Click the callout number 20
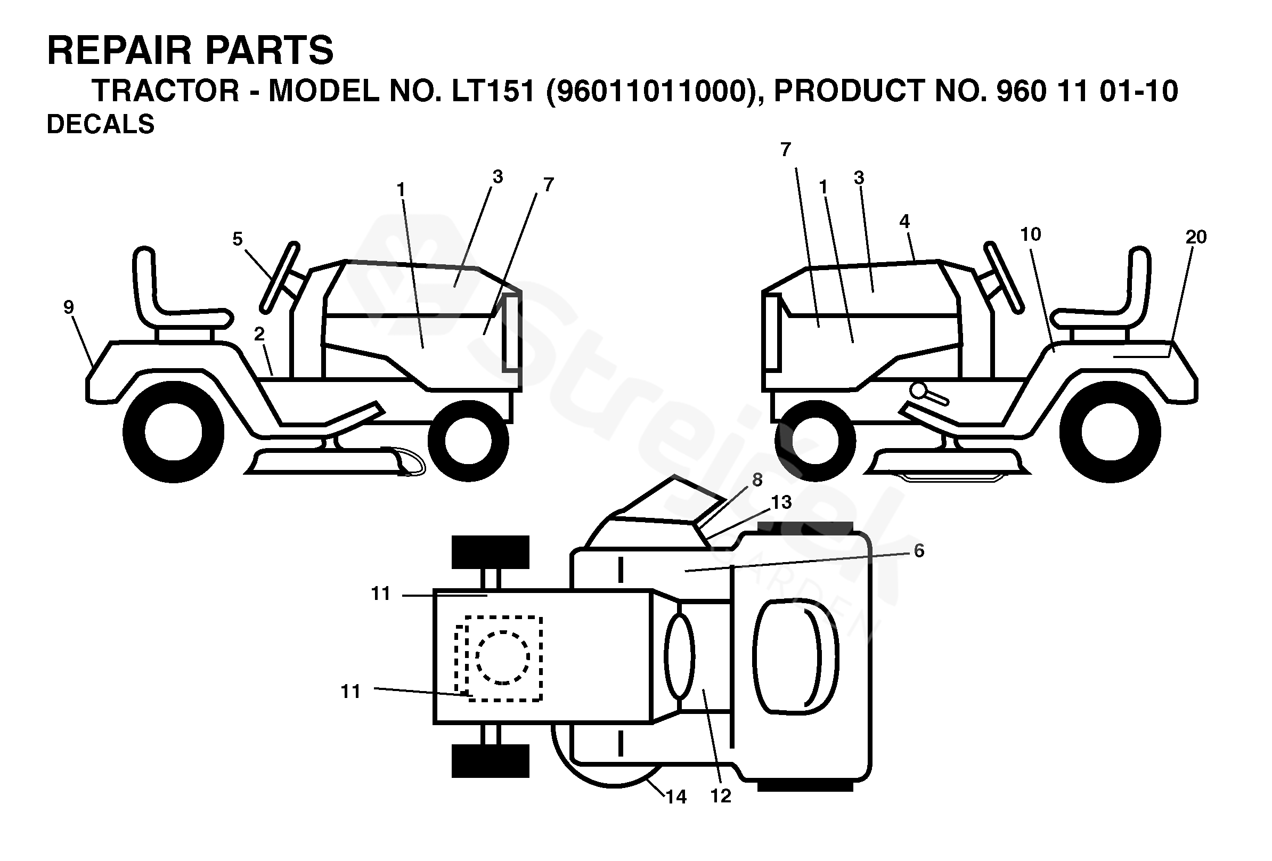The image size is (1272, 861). tap(1196, 237)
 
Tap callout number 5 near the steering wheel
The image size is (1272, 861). tap(237, 239)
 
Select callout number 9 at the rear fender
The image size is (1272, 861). tap(68, 307)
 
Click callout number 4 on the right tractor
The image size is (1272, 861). tap(904, 222)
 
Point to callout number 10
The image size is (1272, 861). tap(1030, 235)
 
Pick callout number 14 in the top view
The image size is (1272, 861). tap(676, 797)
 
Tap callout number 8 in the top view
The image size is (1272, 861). tap(757, 480)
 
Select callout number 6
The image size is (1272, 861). tap(919, 551)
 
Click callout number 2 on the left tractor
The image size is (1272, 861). tap(259, 334)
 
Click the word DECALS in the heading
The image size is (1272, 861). tap(101, 125)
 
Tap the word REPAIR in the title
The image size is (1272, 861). tap(117, 51)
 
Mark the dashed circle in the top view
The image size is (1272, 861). tap(502, 657)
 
